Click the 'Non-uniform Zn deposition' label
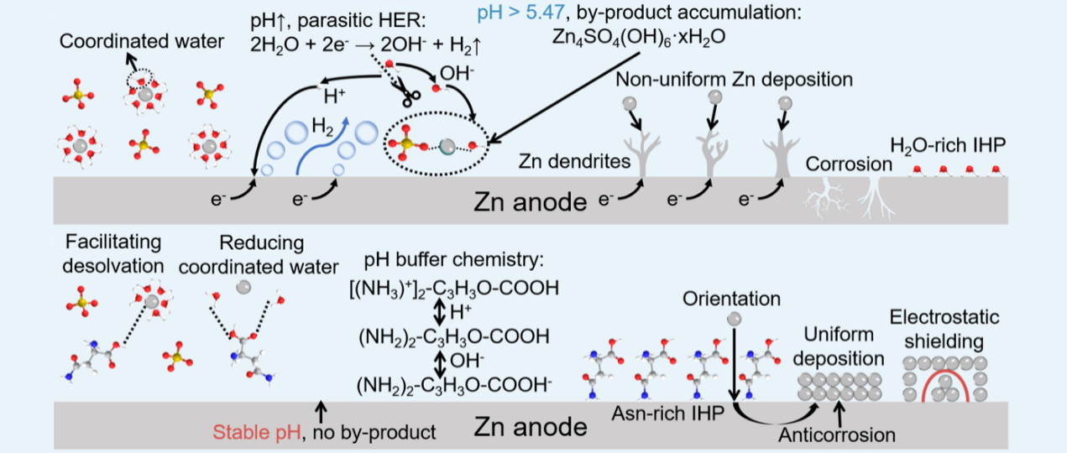tap(735, 80)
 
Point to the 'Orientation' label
tap(731, 299)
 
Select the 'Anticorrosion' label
tap(836, 435)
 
